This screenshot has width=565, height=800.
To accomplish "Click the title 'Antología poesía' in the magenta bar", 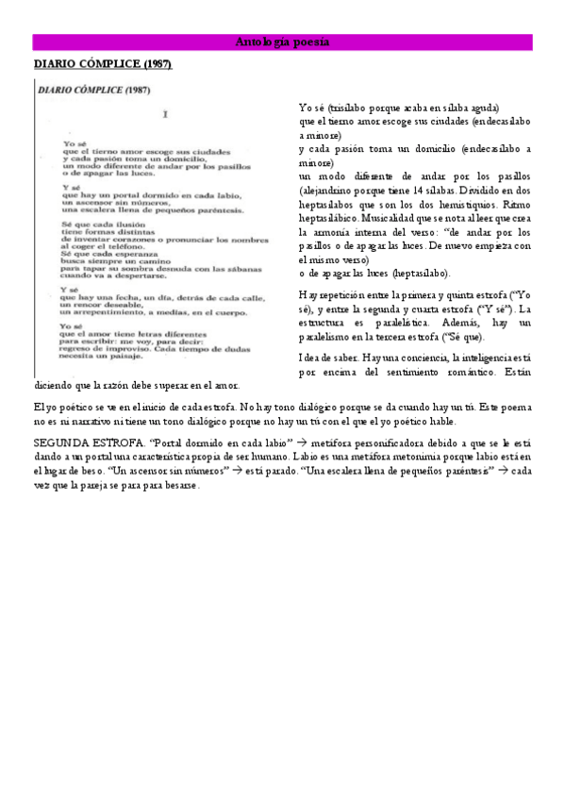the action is (282, 42).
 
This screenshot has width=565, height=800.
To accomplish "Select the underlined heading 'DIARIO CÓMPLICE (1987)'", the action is (103, 64).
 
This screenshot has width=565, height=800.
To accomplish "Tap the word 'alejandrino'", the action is (324, 190).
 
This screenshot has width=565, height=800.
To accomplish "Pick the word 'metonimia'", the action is (370, 456).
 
